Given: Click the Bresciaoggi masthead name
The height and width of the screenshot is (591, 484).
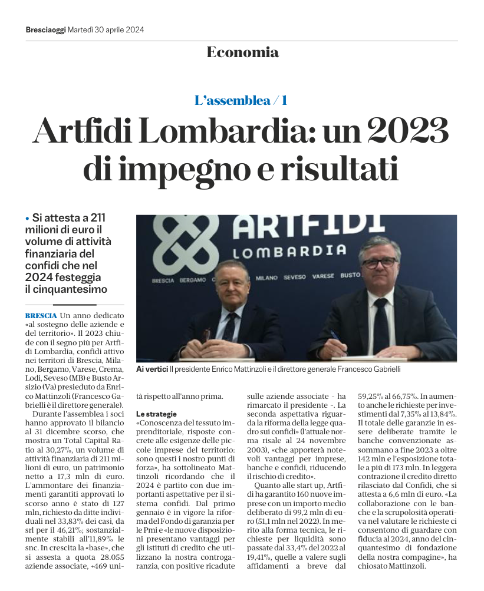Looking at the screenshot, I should pos(46,29).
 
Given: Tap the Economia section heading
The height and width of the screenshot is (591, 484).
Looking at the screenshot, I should pos(242,52).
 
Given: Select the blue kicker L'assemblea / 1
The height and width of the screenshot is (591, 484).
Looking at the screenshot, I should pos(241,100).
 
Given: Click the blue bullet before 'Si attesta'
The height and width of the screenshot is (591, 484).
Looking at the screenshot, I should pos(27,219).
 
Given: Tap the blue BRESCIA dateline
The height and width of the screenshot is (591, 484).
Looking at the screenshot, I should pos(41,316).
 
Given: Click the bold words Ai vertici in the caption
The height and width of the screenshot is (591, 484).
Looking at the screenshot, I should pos(152,368).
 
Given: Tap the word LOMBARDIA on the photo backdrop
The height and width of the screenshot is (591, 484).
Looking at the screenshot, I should pos(289,251).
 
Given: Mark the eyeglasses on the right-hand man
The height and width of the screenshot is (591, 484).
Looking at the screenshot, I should pos(378,262).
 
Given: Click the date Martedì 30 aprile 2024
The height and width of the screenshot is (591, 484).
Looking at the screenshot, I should pos(106,29).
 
